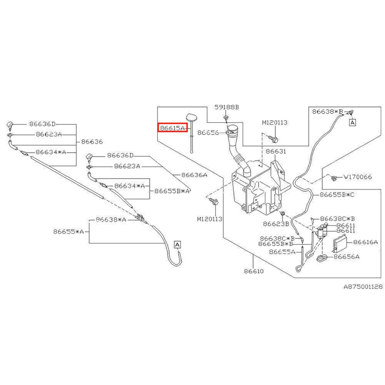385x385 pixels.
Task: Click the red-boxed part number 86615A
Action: coord(172,127)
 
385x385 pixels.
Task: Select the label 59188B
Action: coord(227,107)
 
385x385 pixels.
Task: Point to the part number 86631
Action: coord(275,152)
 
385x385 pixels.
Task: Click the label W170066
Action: coord(358,177)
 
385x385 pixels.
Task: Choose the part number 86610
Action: coord(253,271)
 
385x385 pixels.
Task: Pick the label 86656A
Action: coord(346,256)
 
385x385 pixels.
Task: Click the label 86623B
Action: coord(276,223)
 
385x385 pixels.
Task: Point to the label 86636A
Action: coord(194,175)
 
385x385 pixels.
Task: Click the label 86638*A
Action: coord(111,219)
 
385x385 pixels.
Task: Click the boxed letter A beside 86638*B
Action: coord(353,122)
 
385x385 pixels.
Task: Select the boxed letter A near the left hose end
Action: coord(177,244)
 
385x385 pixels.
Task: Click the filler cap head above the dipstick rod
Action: coord(191,117)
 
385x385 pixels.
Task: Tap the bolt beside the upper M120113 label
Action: coord(273,137)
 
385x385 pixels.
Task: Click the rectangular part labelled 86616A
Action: coord(339,243)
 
